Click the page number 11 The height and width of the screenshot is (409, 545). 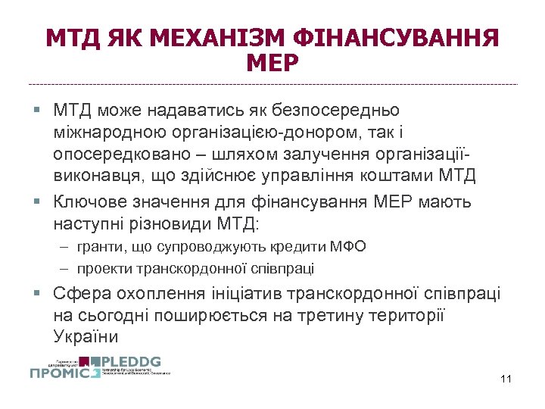pyautogui.click(x=506, y=379)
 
